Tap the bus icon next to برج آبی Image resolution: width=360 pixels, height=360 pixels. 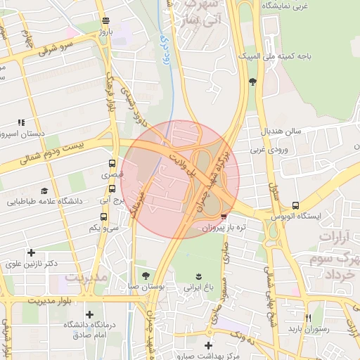(x=112, y=189)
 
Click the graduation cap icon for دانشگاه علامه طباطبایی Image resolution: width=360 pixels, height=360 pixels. (x=45, y=191)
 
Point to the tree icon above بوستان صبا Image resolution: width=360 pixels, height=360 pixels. (x=146, y=275)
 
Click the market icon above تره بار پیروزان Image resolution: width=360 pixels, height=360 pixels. (x=224, y=217)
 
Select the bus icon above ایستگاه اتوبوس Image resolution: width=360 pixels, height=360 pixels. (x=295, y=206)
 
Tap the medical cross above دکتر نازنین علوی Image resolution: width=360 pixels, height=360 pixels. (x=30, y=252)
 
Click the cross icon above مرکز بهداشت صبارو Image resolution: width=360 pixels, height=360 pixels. (x=207, y=345)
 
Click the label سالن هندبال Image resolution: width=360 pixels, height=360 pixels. (x=282, y=131)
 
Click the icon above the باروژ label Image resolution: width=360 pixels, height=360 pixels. (x=105, y=20)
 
